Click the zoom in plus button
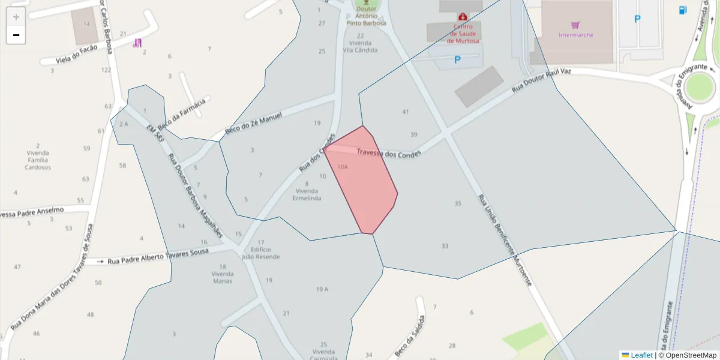[16, 17]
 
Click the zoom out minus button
[16, 35]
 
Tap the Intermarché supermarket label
[575, 34]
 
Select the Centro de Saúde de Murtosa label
[463, 34]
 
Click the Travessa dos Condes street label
[388, 154]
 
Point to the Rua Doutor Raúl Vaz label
[541, 80]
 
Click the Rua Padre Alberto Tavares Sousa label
[158, 256]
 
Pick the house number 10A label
[342, 167]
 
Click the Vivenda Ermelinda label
[307, 194]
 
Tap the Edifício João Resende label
[260, 253]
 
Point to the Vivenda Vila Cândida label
[360, 46]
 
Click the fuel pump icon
[683, 10]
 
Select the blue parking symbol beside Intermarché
[637, 19]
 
